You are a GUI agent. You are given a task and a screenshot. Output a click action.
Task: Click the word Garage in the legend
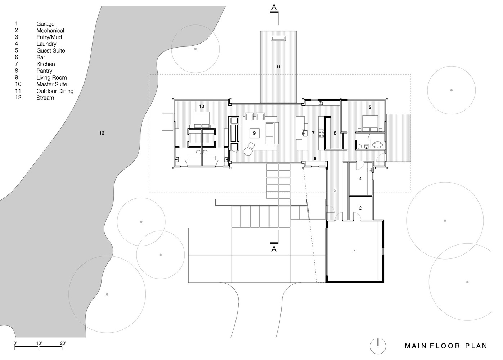[x=45, y=24]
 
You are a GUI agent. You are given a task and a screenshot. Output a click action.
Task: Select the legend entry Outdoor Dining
[x=55, y=91]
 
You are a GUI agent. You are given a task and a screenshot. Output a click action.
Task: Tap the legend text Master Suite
[x=51, y=84]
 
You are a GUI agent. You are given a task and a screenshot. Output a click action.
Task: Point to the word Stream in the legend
[x=45, y=98]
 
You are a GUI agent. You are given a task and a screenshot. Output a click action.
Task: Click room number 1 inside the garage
[x=355, y=252]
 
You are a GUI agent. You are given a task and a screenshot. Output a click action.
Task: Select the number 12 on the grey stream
[x=102, y=133]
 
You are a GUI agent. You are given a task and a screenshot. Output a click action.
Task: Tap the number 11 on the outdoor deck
[x=278, y=67]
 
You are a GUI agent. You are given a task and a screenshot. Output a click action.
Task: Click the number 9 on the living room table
[x=255, y=133]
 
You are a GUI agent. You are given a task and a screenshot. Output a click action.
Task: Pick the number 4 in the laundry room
[x=360, y=179]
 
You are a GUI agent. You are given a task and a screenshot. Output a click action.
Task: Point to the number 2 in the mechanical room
[x=360, y=208]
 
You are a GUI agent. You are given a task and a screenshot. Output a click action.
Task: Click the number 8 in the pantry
[x=335, y=133]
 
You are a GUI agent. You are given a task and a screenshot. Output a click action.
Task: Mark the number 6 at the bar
[x=315, y=158]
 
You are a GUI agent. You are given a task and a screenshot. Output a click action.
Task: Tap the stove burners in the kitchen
[x=321, y=133]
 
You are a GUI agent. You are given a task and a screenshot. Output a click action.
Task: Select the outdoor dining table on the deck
[x=278, y=39]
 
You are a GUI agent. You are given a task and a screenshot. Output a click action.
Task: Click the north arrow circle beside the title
[x=378, y=346]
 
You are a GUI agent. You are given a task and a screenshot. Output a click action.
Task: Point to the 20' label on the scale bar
[x=63, y=343]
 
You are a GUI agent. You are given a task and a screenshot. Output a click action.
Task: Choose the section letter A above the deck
[x=274, y=7]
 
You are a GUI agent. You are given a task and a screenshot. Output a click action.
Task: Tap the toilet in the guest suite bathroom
[x=360, y=146]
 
